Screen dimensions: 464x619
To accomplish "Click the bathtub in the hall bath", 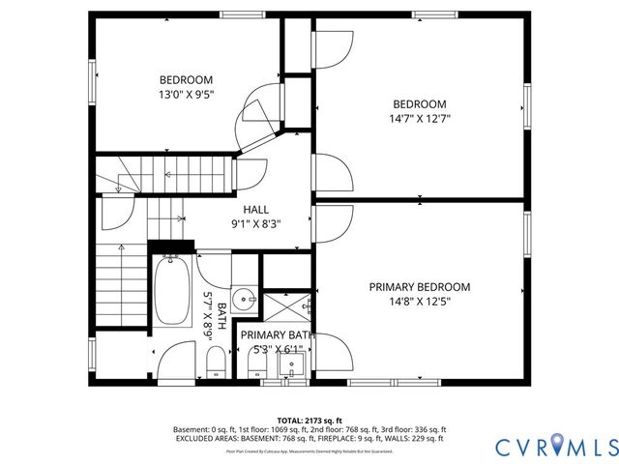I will (x=174, y=290).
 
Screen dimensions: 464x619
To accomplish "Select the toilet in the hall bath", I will (x=215, y=362).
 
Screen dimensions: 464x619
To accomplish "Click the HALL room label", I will (x=256, y=209).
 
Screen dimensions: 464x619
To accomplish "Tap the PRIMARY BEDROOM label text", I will (x=420, y=287).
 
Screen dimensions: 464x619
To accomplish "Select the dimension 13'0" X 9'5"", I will (x=186, y=95).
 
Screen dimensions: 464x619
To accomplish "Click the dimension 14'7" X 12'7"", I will (x=419, y=119).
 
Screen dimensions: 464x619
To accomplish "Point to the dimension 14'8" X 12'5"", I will (x=420, y=302).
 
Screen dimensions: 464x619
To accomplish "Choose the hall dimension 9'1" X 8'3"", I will (x=256, y=223).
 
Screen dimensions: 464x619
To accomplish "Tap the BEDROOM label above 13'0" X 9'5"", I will (x=186, y=80).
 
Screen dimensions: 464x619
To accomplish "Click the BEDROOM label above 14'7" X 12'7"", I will (x=419, y=104).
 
